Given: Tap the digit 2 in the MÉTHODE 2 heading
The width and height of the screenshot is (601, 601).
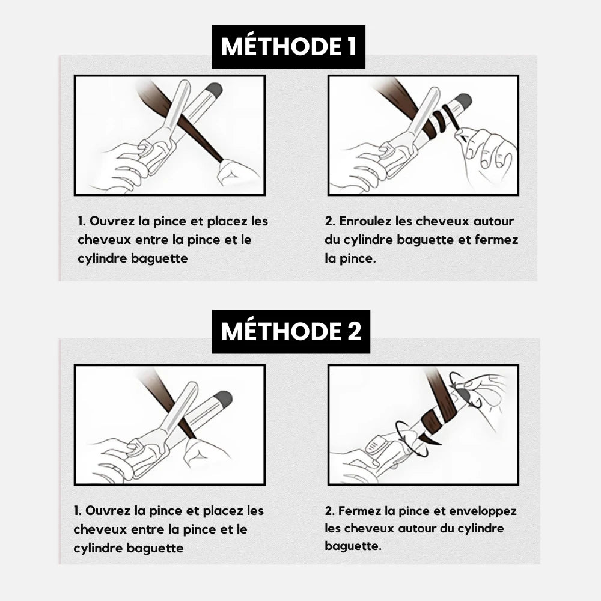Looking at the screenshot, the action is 354,331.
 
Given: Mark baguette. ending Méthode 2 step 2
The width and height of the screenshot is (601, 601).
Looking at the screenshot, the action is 353,546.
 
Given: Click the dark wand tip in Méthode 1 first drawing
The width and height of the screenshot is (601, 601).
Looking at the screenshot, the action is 215,90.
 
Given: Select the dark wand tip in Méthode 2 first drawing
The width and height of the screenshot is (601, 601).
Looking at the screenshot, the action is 224,399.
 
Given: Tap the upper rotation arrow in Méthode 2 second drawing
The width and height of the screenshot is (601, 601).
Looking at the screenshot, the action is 466,389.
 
